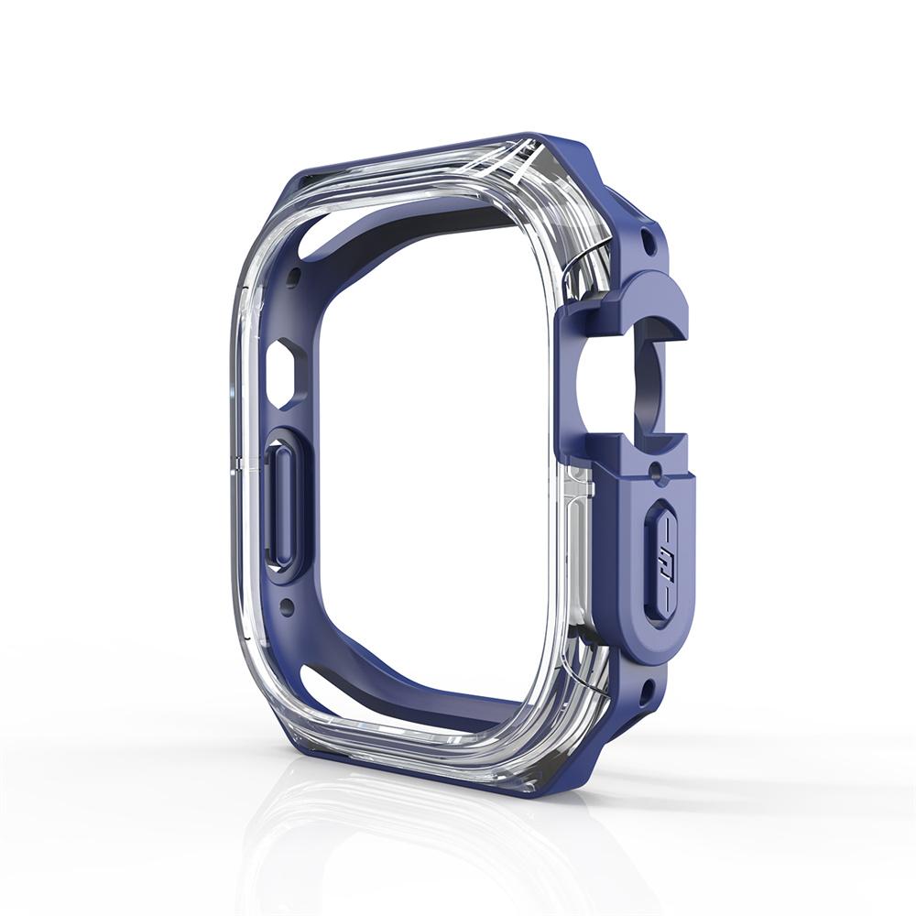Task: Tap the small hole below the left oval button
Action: click(287, 605)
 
